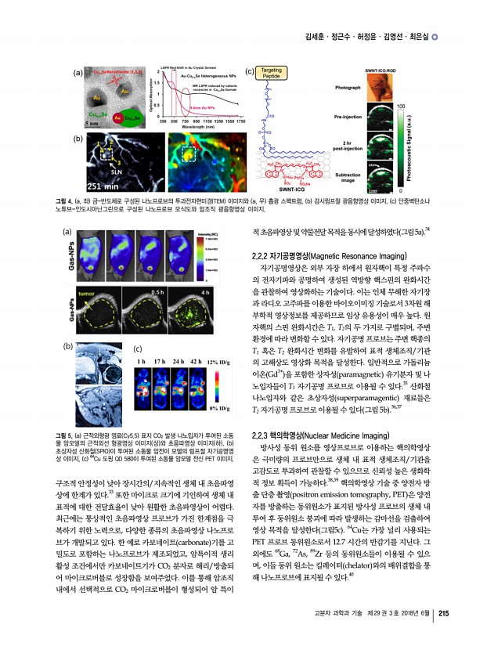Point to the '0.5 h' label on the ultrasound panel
click(157, 292)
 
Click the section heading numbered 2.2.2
click(317, 255)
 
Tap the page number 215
click(443, 634)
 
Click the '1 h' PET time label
click(142, 362)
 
